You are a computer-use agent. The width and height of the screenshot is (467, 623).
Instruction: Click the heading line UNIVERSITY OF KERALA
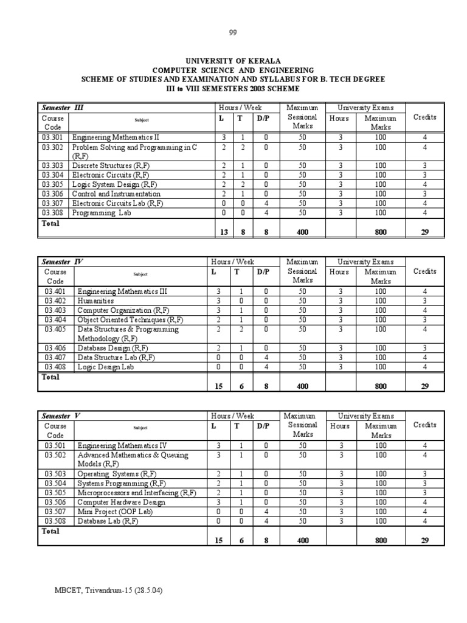pos(233,61)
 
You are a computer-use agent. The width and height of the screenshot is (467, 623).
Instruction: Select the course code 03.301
pos(54,137)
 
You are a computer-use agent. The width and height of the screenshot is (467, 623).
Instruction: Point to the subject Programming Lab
pos(100,213)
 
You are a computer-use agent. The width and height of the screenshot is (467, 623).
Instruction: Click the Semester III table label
pos(62,108)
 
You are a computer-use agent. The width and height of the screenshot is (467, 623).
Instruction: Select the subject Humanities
pos(95,301)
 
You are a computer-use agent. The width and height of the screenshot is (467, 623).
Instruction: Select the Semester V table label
pos(61,416)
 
